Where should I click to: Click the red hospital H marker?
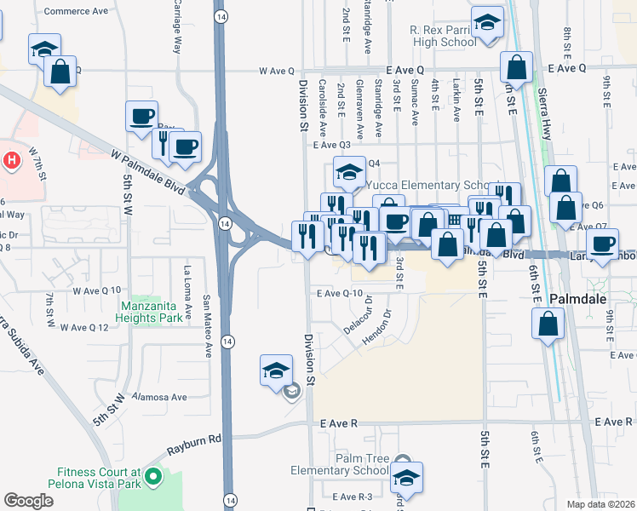[x=12, y=160]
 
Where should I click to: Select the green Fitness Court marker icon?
[x=153, y=476]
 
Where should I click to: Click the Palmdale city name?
[x=581, y=299]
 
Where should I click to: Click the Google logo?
[x=28, y=500]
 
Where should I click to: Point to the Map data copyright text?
[x=601, y=504]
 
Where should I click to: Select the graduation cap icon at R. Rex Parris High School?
[x=487, y=23]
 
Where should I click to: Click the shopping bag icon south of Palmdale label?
[x=548, y=323]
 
